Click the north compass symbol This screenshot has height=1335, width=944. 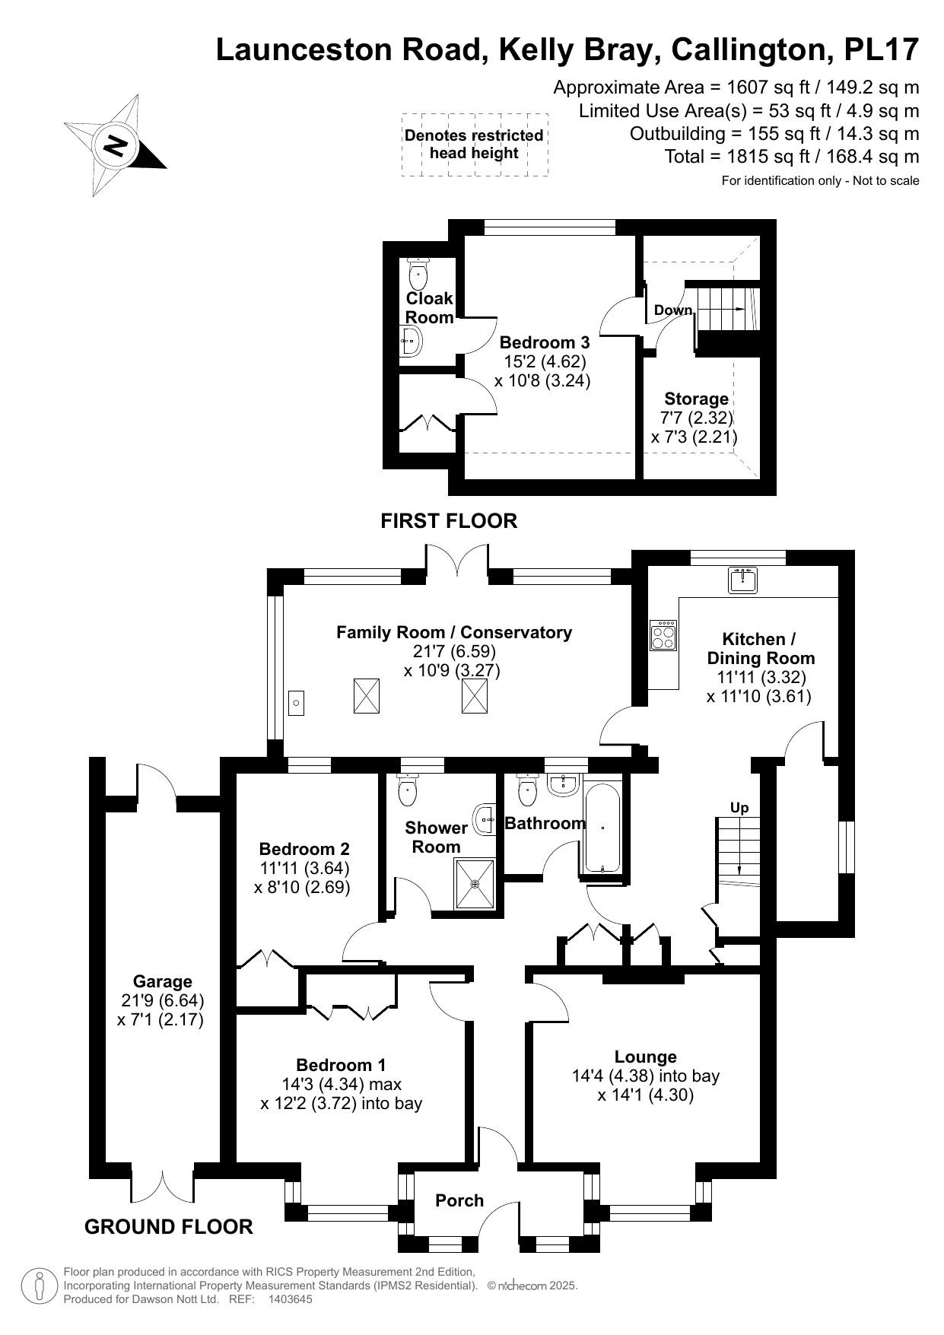pyautogui.click(x=116, y=145)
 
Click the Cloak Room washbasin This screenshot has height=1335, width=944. pyautogui.click(x=411, y=342)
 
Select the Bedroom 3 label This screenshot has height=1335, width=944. pyautogui.click(x=544, y=342)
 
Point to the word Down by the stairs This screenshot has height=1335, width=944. pyautogui.click(x=673, y=310)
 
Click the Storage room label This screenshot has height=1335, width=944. pyautogui.click(x=696, y=399)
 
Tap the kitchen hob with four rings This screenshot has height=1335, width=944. pyautogui.click(x=663, y=634)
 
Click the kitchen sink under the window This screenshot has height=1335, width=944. pyautogui.click(x=742, y=581)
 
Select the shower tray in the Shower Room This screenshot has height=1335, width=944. pyautogui.click(x=475, y=883)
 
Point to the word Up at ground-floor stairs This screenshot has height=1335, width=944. pyautogui.click(x=739, y=807)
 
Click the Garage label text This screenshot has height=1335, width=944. pyautogui.click(x=162, y=981)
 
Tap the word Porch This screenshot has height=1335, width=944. pyautogui.click(x=459, y=1200)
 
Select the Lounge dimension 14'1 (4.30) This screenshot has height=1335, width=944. pyautogui.click(x=645, y=1095)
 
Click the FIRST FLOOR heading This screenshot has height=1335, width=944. pyautogui.click(x=449, y=521)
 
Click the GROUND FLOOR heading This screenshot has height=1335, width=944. pyautogui.click(x=168, y=1226)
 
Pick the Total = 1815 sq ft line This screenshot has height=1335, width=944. pyautogui.click(x=792, y=157)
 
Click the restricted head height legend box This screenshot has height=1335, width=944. pyautogui.click(x=475, y=145)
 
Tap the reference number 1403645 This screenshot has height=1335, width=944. pyautogui.click(x=290, y=1299)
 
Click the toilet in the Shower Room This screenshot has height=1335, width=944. pyautogui.click(x=408, y=790)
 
